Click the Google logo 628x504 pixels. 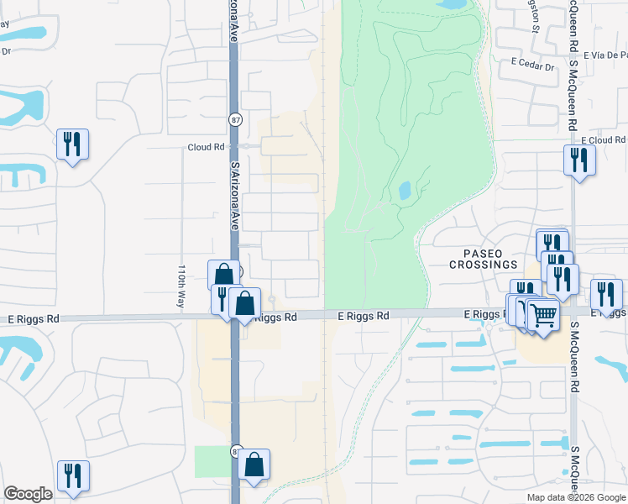coord(28,494)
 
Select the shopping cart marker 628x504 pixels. coord(544,316)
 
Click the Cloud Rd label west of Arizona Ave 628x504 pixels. coord(206,147)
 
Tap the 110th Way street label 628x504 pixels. coord(181,287)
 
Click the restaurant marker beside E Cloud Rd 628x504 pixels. coord(579,159)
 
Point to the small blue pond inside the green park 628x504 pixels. coord(404,191)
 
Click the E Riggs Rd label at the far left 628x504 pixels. coord(34,319)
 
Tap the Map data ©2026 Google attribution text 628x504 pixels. coord(575,497)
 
